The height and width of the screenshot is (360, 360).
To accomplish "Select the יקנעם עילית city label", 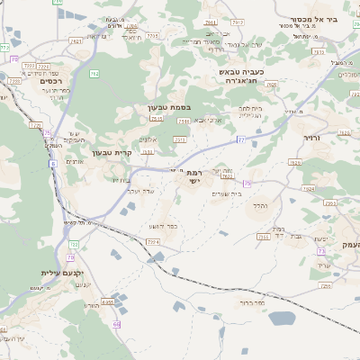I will [61, 273].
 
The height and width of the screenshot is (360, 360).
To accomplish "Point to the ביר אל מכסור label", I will [314, 18].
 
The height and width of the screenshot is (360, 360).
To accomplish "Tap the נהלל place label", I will [260, 206].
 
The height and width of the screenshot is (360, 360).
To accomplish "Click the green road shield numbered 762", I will [94, 75].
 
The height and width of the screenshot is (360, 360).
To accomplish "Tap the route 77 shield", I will [241, 139].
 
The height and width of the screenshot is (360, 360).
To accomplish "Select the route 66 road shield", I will [117, 323].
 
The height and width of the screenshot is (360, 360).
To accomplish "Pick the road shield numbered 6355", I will [107, 303].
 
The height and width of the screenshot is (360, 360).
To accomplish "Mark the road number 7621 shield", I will [228, 176].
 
